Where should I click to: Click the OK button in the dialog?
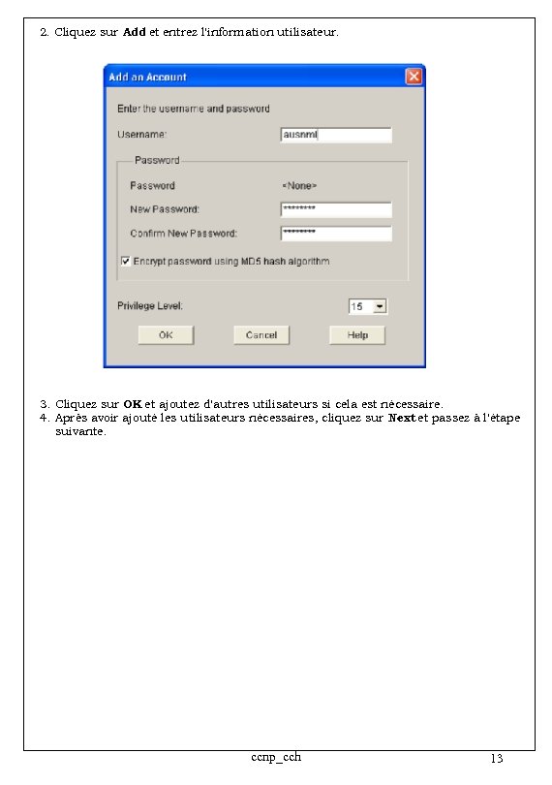(166, 335)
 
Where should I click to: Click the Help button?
(357, 335)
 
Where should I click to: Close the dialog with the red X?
(414, 77)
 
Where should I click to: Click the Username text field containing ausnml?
(336, 136)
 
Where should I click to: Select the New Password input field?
(336, 209)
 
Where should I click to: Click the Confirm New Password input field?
(336, 234)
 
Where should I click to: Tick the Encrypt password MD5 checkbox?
(126, 261)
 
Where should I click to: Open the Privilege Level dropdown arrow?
(380, 306)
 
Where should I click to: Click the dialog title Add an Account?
(147, 77)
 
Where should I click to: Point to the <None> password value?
(299, 185)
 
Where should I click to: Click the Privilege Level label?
(150, 306)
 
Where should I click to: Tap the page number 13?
(497, 758)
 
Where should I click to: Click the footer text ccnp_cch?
(275, 756)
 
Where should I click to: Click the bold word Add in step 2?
(135, 32)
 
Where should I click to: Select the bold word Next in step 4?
(402, 418)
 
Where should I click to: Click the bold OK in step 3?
(133, 403)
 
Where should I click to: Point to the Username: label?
(142, 134)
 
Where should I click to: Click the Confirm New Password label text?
(183, 234)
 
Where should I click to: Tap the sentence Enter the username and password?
(194, 109)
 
